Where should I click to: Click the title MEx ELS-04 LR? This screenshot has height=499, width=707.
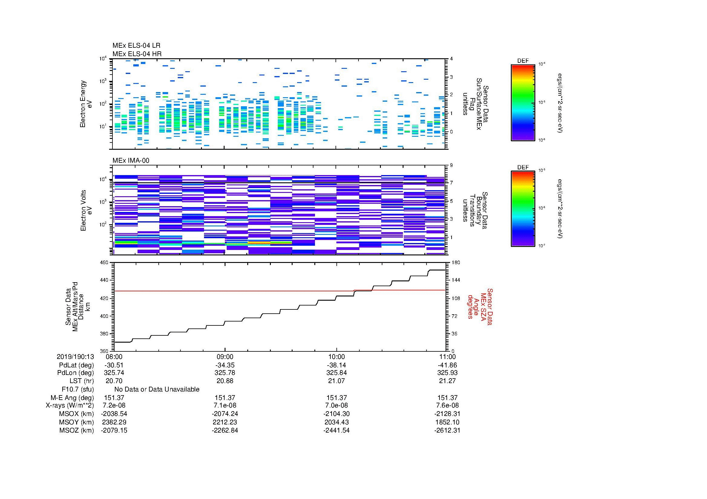click(x=136, y=46)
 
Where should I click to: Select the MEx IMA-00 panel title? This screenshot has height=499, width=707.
click(x=131, y=161)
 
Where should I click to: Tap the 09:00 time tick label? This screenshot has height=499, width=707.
click(x=225, y=357)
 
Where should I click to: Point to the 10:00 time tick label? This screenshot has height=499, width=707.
click(x=336, y=357)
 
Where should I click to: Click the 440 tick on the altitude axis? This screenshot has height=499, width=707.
click(x=104, y=280)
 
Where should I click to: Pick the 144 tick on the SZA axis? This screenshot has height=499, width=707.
click(x=455, y=280)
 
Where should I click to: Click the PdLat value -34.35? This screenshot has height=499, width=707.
click(x=225, y=365)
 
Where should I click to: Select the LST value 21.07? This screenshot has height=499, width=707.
click(x=336, y=381)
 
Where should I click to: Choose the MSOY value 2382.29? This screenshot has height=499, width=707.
click(x=114, y=422)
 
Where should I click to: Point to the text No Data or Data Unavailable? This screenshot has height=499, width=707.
click(x=157, y=389)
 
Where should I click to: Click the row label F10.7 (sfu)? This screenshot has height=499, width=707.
click(x=78, y=389)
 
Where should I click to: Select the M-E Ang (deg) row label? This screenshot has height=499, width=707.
click(x=72, y=398)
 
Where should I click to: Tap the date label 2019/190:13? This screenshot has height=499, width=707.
click(x=75, y=357)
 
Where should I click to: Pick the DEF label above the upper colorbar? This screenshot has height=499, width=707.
click(x=523, y=61)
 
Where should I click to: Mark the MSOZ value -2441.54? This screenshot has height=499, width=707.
click(x=336, y=430)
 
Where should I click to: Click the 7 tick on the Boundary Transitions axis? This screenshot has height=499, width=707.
click(x=451, y=183)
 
